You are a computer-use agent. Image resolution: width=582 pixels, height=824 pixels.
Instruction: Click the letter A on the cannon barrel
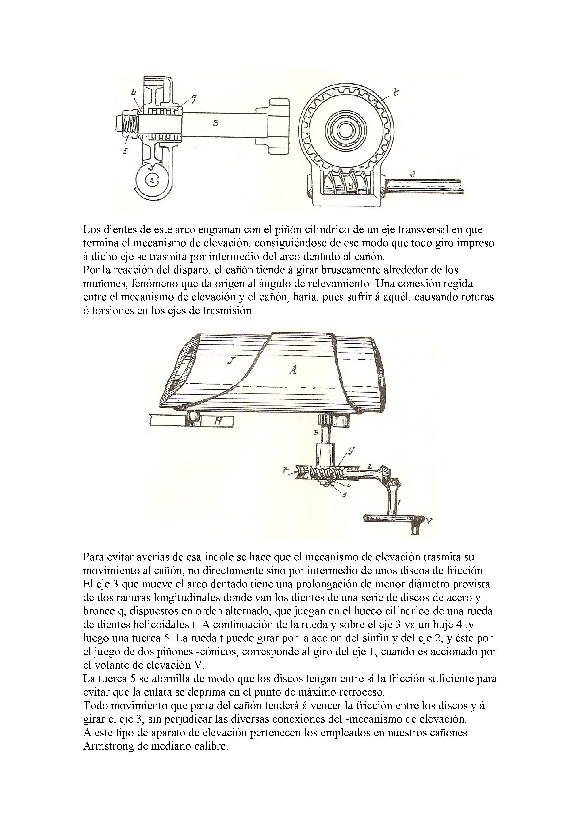pyautogui.click(x=293, y=370)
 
